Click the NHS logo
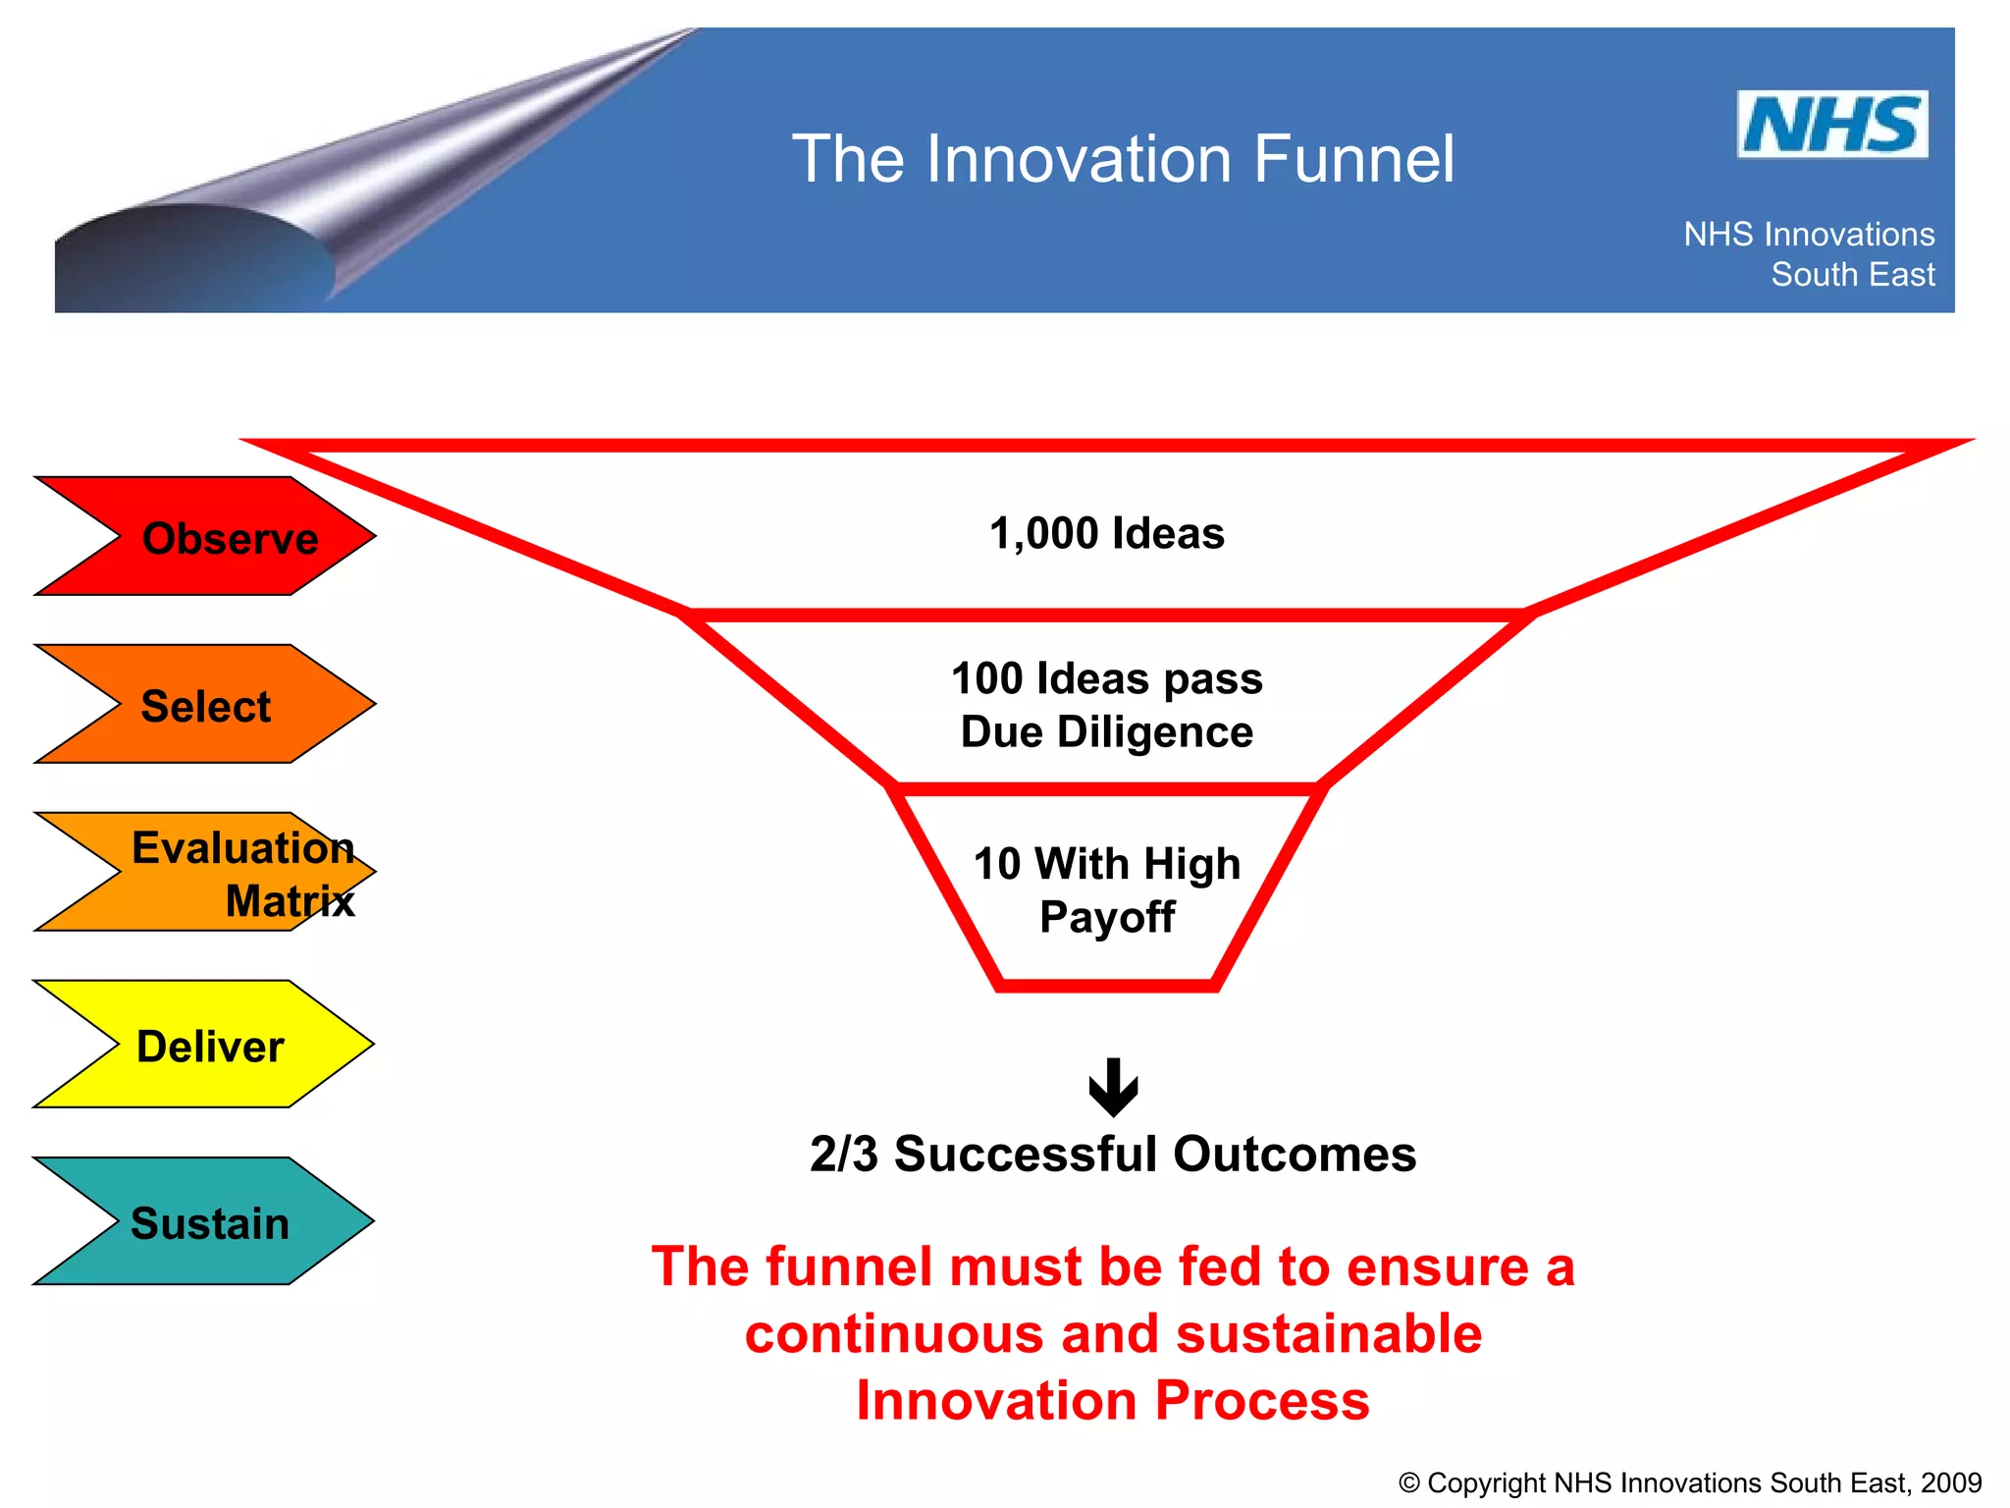click(1831, 125)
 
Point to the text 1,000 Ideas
click(1106, 534)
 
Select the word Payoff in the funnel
click(1106, 917)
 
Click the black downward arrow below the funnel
click(1113, 1087)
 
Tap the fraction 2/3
click(843, 1155)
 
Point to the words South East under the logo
click(1852, 275)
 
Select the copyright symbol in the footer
click(1409, 1483)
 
